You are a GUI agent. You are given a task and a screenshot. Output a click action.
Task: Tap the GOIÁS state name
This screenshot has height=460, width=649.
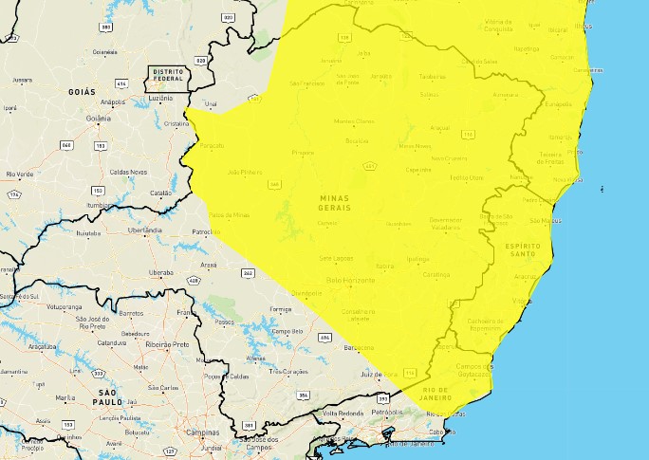83,91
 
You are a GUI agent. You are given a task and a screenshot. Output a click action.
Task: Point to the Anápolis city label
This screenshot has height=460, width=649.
112,101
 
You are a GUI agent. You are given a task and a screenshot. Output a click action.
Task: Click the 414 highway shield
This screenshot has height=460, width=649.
121,83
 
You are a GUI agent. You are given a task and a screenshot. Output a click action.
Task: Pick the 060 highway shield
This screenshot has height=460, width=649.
66,144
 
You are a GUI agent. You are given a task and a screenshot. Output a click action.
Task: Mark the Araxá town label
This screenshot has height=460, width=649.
209,265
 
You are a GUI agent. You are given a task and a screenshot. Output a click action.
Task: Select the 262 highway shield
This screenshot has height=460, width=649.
248,273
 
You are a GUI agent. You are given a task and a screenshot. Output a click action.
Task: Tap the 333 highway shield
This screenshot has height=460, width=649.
99,373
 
